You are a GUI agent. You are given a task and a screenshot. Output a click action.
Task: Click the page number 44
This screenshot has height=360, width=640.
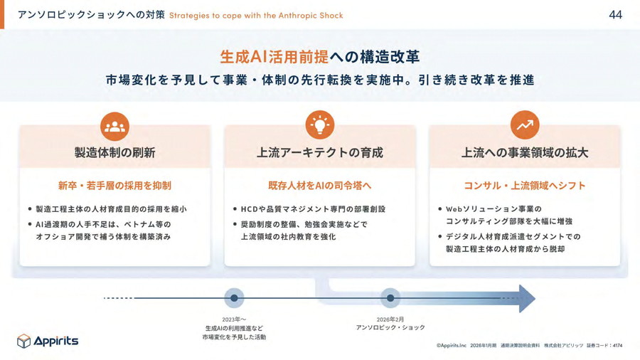point(615,15)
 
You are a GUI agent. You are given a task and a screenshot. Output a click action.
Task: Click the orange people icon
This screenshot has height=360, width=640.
point(114,127)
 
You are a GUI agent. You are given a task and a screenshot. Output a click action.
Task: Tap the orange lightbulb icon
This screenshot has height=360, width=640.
point(319,125)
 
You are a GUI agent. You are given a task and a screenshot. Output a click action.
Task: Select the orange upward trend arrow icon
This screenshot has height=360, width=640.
point(525,125)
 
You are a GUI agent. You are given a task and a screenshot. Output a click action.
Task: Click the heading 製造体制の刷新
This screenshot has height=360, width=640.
point(114,153)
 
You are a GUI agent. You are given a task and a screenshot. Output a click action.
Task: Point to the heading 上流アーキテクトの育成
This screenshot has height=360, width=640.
point(319,153)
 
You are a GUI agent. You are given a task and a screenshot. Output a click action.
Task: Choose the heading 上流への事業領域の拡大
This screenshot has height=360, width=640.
point(525,153)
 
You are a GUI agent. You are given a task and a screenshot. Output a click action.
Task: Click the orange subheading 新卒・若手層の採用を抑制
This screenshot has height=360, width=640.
point(114,186)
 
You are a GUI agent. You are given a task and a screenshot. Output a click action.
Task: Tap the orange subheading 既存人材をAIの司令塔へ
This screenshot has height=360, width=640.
point(319,186)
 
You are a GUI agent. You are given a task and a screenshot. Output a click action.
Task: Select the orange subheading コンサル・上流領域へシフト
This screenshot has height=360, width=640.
point(525,186)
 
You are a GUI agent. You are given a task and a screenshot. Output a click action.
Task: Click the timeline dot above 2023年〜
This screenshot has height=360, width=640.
point(234,298)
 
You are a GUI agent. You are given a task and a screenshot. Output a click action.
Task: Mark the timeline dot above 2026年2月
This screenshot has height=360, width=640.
point(390,298)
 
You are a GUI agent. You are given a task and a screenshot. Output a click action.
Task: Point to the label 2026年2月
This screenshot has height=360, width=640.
point(390,319)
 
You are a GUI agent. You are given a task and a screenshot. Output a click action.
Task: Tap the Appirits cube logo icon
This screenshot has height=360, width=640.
point(23,341)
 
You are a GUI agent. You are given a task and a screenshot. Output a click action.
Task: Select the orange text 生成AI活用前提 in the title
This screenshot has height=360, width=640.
point(274,57)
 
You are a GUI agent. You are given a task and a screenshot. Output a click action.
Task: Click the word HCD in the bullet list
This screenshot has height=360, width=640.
point(249,209)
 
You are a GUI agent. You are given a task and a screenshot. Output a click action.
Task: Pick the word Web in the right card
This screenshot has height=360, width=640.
point(454,209)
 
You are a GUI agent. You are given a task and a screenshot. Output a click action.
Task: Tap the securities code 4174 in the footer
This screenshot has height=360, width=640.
point(617,345)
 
